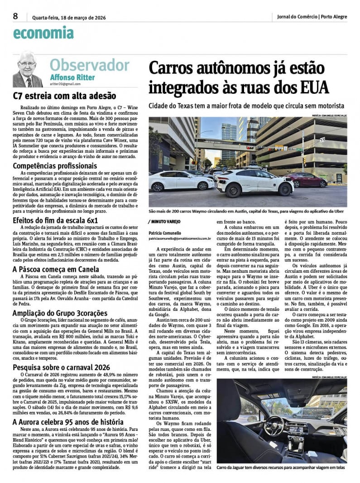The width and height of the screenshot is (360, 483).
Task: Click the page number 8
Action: coord(15,16)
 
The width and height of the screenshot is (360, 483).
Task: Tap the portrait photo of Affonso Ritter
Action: coord(28,71)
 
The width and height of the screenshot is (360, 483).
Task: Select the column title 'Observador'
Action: coord(89,64)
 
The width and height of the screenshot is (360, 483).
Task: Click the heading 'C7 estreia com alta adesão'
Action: coord(64,96)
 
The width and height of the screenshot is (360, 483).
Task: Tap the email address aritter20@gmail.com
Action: coord(65,84)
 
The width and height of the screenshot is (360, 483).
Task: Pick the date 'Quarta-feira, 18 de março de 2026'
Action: coord(69,17)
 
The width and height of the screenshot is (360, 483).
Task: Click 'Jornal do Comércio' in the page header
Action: coord(297,17)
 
